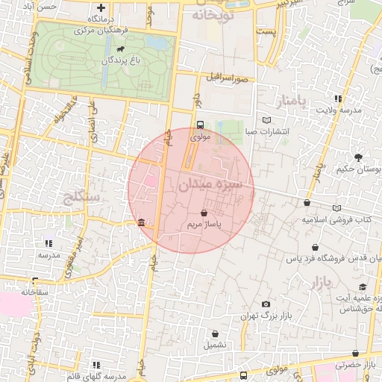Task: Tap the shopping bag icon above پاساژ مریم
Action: click(204, 213)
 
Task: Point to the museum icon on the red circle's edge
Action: click(142, 223)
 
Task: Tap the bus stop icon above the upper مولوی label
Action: click(199, 125)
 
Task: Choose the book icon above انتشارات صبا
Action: click(267, 120)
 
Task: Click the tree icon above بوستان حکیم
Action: click(359, 157)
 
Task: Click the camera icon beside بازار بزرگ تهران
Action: click(266, 304)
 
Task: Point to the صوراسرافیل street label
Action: click(228, 77)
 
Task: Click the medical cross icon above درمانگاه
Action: click(101, 7)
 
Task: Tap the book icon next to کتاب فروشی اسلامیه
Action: click(337, 208)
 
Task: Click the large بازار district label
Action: click(318, 283)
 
